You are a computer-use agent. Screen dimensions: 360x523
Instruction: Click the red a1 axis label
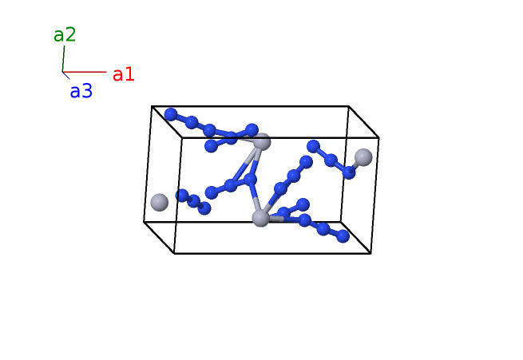(123, 75)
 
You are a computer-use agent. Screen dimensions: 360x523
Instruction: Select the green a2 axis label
(65, 35)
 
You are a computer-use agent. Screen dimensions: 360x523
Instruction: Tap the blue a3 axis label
(81, 92)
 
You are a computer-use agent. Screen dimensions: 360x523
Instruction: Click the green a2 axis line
(63, 59)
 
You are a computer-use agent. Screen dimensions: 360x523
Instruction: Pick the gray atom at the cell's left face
(159, 202)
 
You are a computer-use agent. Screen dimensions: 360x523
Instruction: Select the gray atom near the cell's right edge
(363, 156)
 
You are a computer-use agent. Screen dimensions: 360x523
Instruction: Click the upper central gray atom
(262, 142)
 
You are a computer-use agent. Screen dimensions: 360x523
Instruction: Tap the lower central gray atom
(260, 218)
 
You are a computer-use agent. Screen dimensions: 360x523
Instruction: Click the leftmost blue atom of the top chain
(170, 114)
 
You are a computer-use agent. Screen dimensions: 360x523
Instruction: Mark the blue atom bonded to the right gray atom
(349, 172)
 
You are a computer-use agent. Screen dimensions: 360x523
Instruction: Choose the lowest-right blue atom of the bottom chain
(343, 235)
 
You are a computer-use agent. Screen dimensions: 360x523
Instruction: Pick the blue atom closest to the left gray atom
(182, 195)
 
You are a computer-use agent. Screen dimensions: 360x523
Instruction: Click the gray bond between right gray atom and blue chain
(356, 164)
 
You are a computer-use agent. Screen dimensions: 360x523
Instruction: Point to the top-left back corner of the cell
(152, 106)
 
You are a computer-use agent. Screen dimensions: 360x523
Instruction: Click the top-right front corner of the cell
(378, 137)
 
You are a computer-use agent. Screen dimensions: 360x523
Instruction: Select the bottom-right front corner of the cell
(370, 253)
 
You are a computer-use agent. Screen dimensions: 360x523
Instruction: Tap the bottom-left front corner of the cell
(174, 254)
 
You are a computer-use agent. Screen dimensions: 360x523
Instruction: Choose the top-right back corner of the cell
(348, 106)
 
